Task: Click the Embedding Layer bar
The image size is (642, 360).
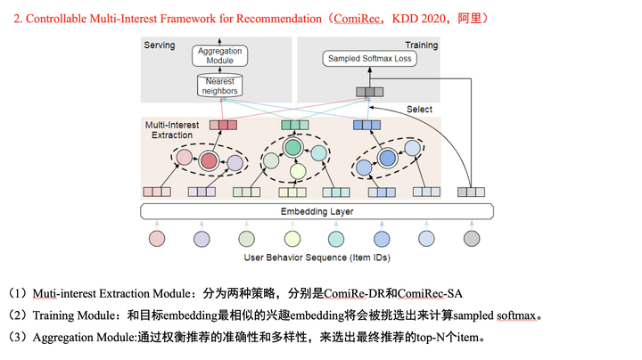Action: tap(317, 211)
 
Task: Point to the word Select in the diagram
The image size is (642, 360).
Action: tap(419, 109)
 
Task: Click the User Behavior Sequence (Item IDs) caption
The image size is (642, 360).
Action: tap(317, 258)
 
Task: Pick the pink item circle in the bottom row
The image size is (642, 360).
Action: tap(158, 239)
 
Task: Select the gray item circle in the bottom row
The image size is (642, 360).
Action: tap(472, 239)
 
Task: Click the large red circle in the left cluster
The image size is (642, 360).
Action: tap(210, 160)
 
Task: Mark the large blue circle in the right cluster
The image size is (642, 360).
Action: tap(388, 159)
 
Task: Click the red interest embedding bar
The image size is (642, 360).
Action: tap(223, 126)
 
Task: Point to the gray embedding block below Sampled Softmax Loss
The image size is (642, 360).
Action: tap(366, 92)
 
